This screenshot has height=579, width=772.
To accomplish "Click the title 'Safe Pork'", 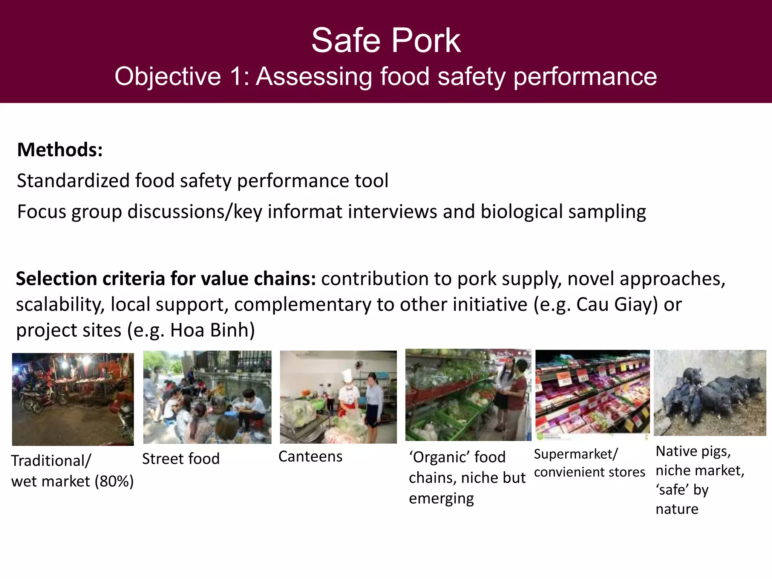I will [386, 41].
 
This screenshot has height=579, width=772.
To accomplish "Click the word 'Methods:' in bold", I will [60, 150].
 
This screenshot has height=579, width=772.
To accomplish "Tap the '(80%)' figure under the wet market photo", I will [114, 482].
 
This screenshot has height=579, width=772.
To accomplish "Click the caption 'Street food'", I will [181, 459].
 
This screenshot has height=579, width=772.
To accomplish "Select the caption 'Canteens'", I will [310, 457].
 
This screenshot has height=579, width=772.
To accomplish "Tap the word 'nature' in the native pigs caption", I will [677, 509].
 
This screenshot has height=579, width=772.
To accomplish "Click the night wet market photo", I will [73, 399].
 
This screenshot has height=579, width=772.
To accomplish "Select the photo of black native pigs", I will [710, 393].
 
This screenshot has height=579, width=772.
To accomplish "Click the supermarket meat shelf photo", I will [592, 393].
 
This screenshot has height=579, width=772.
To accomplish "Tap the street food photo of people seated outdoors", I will [207, 397].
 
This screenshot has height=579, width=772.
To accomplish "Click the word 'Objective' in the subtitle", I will [168, 77].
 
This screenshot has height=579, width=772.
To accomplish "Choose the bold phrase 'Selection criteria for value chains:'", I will [166, 279].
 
